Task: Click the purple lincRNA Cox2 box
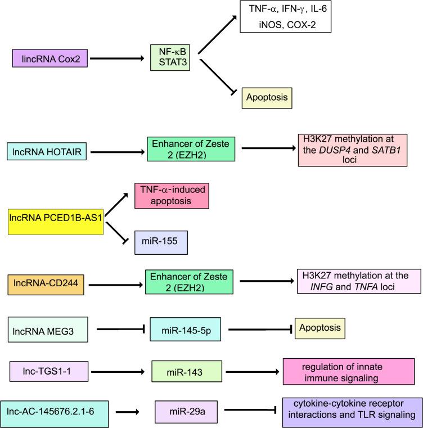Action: [50, 58]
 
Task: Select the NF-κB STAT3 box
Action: [170, 57]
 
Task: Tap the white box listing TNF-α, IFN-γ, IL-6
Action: [286, 17]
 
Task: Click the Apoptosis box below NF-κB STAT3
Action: [267, 98]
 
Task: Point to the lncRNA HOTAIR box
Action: [47, 151]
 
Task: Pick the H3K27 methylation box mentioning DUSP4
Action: [353, 150]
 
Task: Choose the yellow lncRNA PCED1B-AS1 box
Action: [56, 222]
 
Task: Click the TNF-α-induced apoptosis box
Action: [172, 196]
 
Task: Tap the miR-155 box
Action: [161, 242]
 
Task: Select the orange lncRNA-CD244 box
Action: [46, 285]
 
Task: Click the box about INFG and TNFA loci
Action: [359, 281]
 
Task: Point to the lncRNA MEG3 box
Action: [48, 330]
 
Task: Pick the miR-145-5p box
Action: [186, 329]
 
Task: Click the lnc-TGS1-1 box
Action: [49, 372]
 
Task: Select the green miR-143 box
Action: [187, 371]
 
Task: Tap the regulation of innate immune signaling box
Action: [349, 372]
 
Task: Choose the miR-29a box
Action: [186, 412]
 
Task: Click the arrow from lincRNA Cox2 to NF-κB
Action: [117, 58]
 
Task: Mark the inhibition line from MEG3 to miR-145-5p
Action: [121, 329]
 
